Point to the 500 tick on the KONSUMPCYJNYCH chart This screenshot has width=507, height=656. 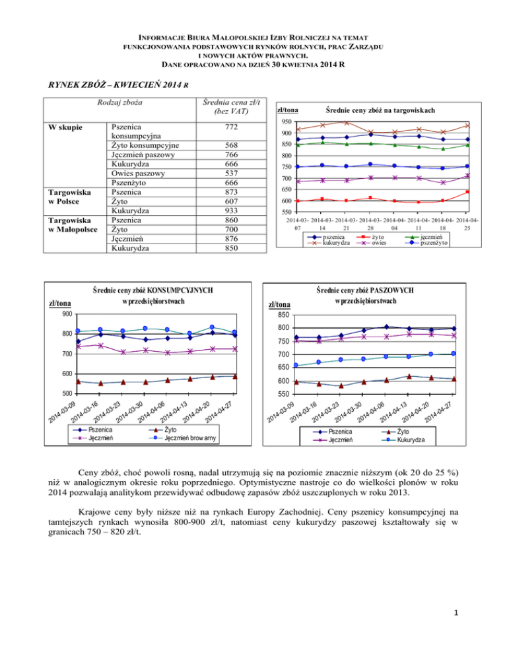(x=68, y=394)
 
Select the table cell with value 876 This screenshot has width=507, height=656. (x=226, y=240)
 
